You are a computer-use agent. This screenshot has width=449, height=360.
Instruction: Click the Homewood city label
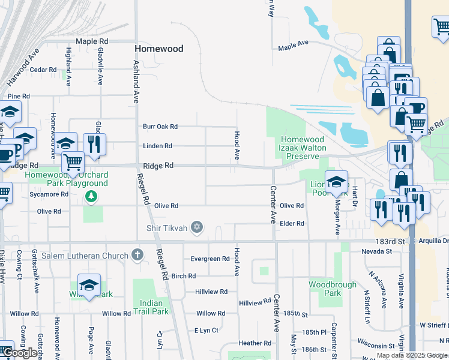point(158,49)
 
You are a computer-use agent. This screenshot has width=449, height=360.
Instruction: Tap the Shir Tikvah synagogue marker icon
point(196,227)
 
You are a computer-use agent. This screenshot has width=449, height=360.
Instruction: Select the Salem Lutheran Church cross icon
point(137,256)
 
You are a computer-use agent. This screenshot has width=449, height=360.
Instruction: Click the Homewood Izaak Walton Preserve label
point(303,148)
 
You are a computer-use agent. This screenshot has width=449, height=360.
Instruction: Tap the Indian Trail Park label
point(151,307)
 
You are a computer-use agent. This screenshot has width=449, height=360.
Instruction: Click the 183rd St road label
point(388,241)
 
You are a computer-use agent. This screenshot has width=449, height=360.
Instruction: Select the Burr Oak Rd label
point(160,127)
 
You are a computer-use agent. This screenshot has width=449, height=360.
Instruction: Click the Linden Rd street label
point(157,146)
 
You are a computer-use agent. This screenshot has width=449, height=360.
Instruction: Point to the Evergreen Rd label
point(209,259)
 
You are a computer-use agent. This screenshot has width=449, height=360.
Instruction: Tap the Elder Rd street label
point(292,223)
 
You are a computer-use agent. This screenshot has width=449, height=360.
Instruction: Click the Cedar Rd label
point(43,70)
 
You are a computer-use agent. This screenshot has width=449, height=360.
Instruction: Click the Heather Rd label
point(251,343)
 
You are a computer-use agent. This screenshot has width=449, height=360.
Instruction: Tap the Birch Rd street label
point(183,276)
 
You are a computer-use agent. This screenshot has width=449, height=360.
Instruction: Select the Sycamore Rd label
point(49,194)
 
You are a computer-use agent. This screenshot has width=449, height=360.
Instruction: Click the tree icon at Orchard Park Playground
point(90,196)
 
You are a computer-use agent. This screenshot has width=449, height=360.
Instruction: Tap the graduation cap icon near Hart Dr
point(337,181)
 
